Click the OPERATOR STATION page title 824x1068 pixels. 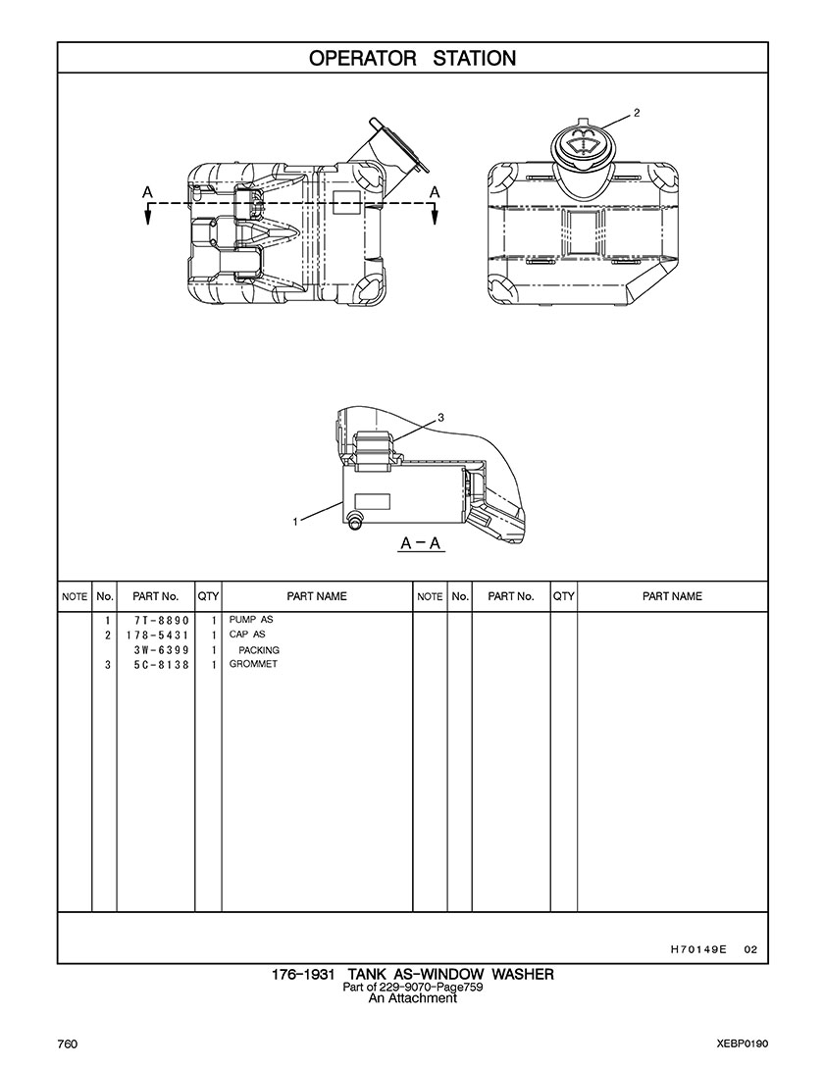click(x=412, y=58)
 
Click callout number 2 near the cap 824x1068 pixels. click(x=637, y=113)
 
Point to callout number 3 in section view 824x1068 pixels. click(x=440, y=417)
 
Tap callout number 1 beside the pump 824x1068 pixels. click(x=295, y=522)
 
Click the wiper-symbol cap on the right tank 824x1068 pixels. click(x=584, y=147)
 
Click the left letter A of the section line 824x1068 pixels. click(x=146, y=191)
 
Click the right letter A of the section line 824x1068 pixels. click(x=434, y=191)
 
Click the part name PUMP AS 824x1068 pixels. click(x=250, y=621)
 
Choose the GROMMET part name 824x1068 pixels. click(x=253, y=665)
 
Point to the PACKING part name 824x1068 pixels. click(x=259, y=650)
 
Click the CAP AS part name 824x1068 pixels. click(x=247, y=636)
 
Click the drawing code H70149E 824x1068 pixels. click(x=698, y=949)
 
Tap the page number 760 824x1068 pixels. click(x=68, y=1043)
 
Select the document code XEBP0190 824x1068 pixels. click(x=742, y=1043)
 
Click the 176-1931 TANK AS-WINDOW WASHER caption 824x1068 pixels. click(x=412, y=974)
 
